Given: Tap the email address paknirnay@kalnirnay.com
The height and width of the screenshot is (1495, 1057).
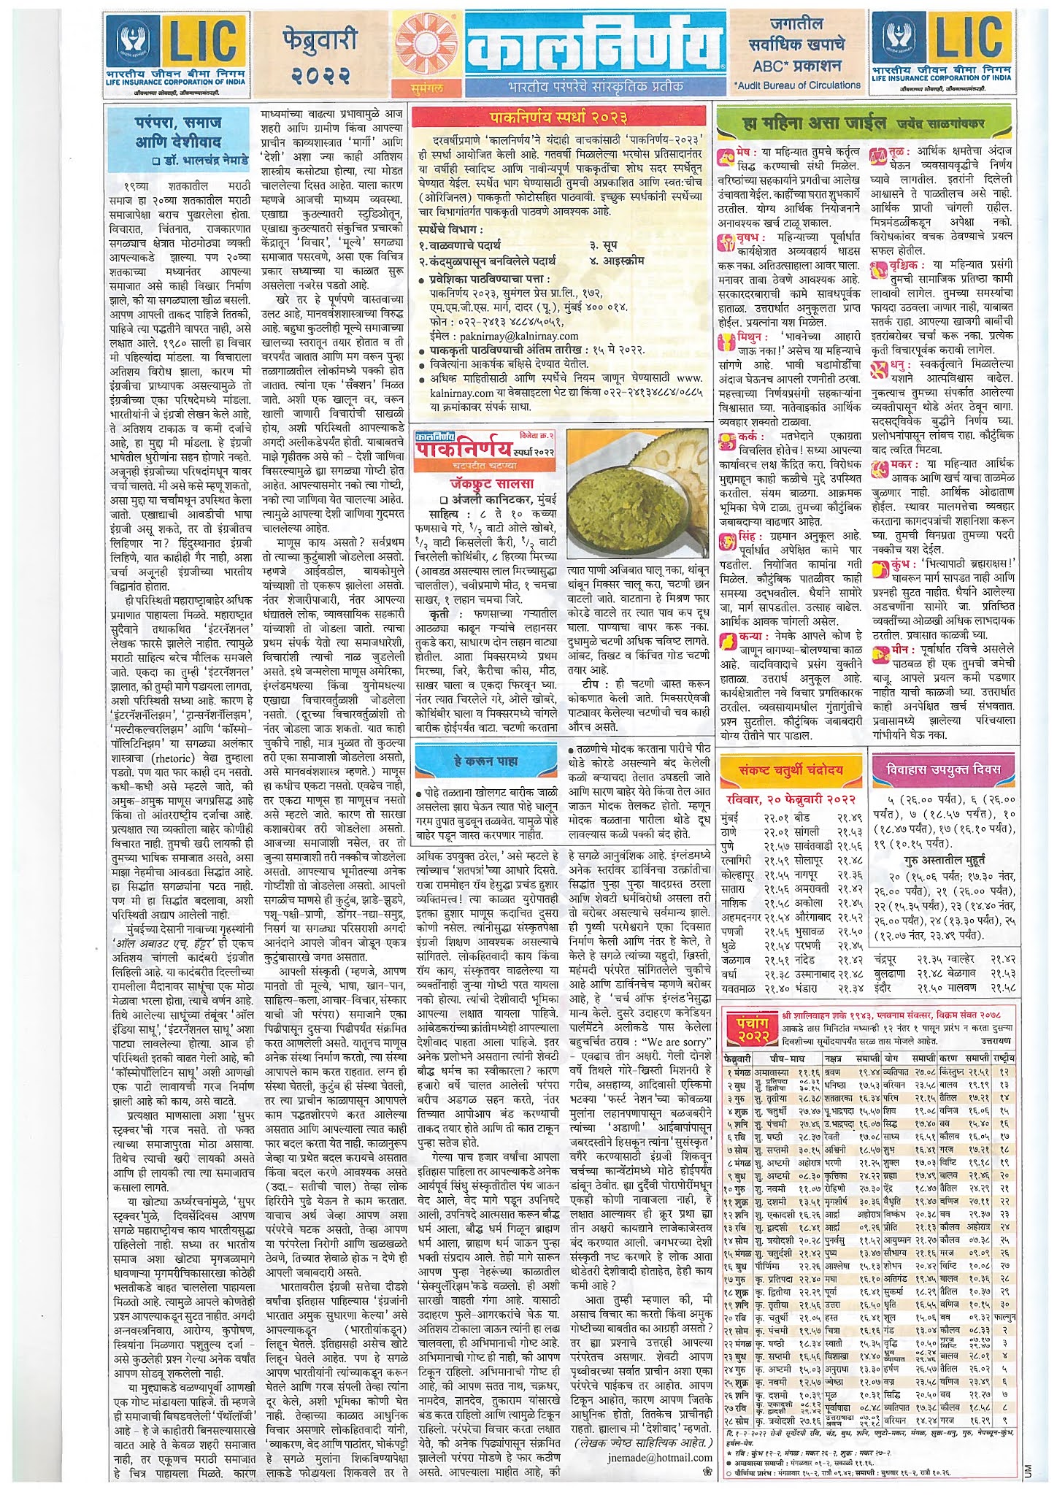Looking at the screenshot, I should pyautogui.click(x=519, y=337).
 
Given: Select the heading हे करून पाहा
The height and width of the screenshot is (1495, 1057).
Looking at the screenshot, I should pyautogui.click(x=486, y=761).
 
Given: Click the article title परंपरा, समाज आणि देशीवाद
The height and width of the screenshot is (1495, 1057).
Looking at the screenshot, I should pyautogui.click(x=177, y=132).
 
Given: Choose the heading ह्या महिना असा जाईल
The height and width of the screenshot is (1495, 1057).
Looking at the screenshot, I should pyautogui.click(x=814, y=123).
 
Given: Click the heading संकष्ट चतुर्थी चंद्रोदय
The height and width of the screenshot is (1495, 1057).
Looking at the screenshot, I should pyautogui.click(x=791, y=769).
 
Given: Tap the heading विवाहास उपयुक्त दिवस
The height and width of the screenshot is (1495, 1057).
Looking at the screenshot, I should pyautogui.click(x=942, y=769).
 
